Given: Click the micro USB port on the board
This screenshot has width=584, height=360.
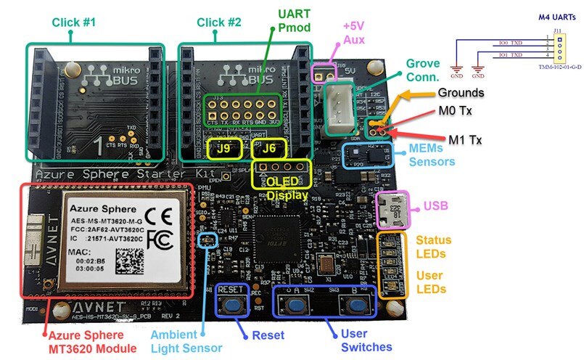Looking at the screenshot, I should click(x=392, y=208).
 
